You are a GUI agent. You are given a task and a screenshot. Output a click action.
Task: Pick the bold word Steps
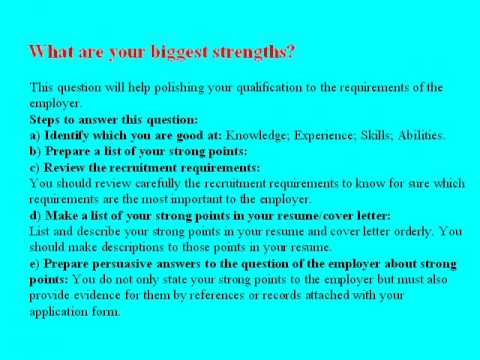pyautogui.click(x=47, y=118)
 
